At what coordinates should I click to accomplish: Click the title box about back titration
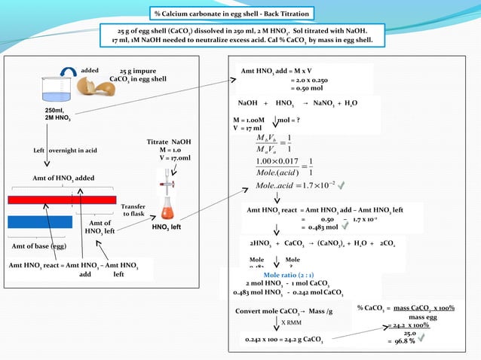[x=231, y=14]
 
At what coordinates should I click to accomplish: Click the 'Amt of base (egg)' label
[x=38, y=246]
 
